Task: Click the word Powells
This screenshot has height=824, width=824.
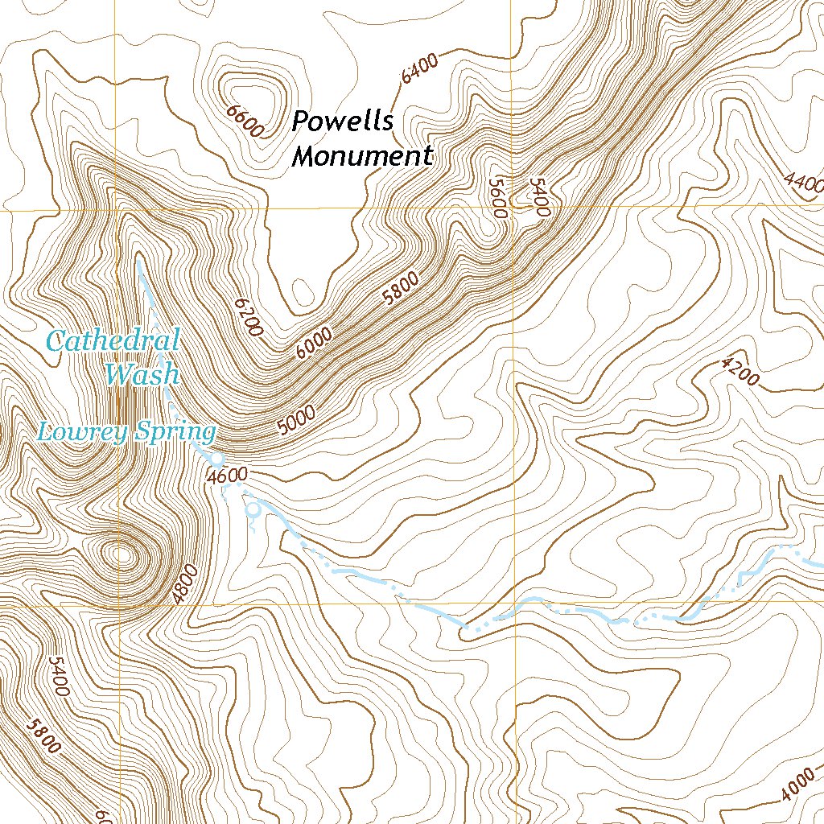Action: (342, 122)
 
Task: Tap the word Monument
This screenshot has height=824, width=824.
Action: (361, 156)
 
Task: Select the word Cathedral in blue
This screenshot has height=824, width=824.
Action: (113, 340)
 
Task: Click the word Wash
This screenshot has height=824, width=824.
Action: (142, 373)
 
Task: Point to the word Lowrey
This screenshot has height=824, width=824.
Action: (77, 432)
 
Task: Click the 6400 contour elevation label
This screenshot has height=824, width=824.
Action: (419, 68)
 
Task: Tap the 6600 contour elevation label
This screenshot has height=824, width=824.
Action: (246, 121)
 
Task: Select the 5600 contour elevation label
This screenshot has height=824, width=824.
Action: (497, 198)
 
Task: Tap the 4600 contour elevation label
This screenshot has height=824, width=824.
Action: (226, 476)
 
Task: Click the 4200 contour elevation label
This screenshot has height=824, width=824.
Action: (740, 372)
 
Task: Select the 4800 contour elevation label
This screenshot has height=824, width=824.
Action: (184, 585)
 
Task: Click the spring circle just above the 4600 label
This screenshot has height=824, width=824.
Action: (216, 459)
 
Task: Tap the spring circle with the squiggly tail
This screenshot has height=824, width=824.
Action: (254, 509)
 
